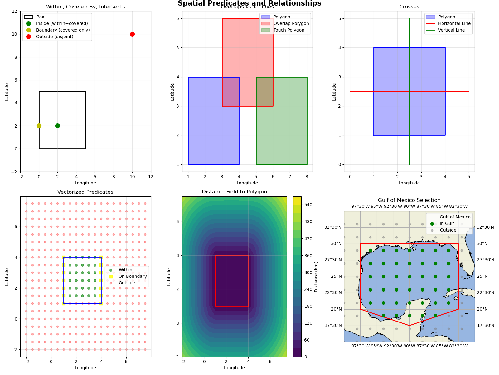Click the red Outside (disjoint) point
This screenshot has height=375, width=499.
click(132, 34)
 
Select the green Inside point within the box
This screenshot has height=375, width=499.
click(57, 126)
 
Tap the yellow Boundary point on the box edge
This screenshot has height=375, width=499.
click(39, 126)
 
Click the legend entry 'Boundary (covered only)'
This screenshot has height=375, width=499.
click(63, 30)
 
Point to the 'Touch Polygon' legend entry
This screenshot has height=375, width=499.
click(289, 30)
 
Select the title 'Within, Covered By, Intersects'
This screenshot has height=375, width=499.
click(85, 7)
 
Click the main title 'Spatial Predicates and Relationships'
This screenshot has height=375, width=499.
click(249, 3)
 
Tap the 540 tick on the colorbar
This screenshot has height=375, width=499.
click(308, 205)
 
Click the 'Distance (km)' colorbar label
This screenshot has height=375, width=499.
click(316, 277)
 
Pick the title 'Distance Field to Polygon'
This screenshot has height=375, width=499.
click(234, 192)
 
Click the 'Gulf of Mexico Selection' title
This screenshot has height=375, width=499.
click(409, 200)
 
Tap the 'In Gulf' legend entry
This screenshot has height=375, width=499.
click(447, 223)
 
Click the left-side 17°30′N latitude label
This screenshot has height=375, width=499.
click(333, 325)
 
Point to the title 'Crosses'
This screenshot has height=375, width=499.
click(409, 7)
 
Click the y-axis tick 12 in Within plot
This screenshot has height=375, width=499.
click(14, 11)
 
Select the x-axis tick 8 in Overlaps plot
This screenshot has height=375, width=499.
click(307, 177)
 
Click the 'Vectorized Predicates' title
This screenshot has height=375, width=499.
click(85, 192)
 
